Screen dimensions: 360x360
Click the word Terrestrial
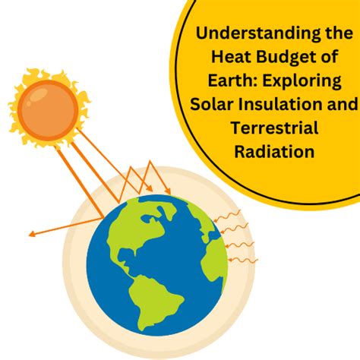pyautogui.click(x=274, y=128)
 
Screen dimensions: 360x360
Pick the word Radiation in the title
pyautogui.click(x=274, y=151)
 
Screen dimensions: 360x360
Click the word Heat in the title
pyautogui.click(x=232, y=56)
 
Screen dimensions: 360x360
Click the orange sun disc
pyautogui.click(x=48, y=110)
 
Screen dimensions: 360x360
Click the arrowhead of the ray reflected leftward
pyautogui.click(x=32, y=234)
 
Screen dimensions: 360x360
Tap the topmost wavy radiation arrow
pyautogui.click(x=226, y=216)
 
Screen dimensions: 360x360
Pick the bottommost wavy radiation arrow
pyautogui.click(x=243, y=260)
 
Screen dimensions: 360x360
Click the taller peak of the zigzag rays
pyautogui.click(x=150, y=162)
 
